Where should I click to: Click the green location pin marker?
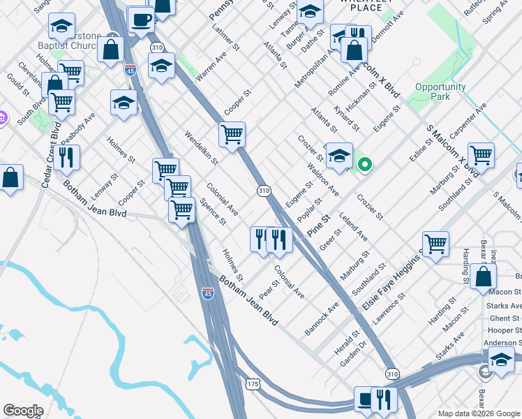[364, 165]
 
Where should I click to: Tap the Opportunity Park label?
[440, 91]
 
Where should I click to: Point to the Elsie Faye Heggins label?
[391, 282]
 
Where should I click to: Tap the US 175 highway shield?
[253, 384]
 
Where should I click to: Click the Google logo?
[23, 411]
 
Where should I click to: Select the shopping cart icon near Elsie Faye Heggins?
[435, 244]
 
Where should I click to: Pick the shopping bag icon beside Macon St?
[483, 277]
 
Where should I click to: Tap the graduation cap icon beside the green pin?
[339, 156]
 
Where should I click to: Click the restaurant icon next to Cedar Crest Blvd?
[67, 158]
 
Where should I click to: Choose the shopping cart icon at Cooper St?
[232, 134]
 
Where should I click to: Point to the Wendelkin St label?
[202, 147]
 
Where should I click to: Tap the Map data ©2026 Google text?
[479, 413]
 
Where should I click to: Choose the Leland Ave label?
[353, 228]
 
